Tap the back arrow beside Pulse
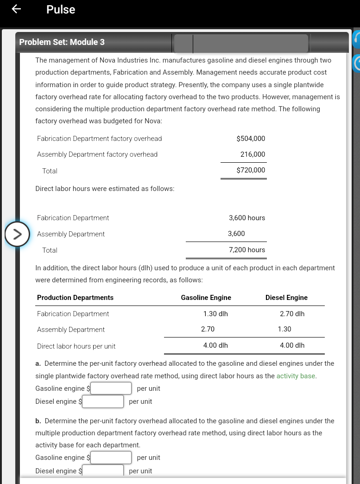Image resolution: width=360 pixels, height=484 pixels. point(16,9)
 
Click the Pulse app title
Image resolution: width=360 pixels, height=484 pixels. point(61,10)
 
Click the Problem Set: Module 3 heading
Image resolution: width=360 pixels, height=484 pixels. point(62,42)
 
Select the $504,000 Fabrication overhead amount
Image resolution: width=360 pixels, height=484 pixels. point(251,139)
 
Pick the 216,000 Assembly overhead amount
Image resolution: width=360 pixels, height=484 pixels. point(253,154)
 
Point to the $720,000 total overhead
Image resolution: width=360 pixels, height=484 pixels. point(251,170)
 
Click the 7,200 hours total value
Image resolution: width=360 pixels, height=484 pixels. point(247,250)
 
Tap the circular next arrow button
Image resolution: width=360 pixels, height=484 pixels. point(17,234)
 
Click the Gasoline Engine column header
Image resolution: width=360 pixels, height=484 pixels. point(206,298)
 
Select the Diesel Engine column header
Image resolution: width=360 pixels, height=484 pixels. point(286,298)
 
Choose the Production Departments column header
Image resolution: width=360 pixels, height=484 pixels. point(75,298)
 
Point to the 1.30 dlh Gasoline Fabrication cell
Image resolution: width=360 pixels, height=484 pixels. point(215,314)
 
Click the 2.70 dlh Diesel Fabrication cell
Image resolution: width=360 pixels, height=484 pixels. point(292,314)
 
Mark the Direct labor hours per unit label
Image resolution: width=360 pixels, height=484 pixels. point(76,346)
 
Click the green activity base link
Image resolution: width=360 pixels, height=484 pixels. point(296,376)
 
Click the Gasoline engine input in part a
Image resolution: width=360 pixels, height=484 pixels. point(111,388)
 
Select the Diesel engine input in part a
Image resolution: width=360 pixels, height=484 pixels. point(103,401)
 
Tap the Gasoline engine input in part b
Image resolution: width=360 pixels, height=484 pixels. point(111,458)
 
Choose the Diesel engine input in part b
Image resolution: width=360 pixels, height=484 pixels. point(103,471)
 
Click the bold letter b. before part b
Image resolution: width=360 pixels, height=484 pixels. point(38,421)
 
